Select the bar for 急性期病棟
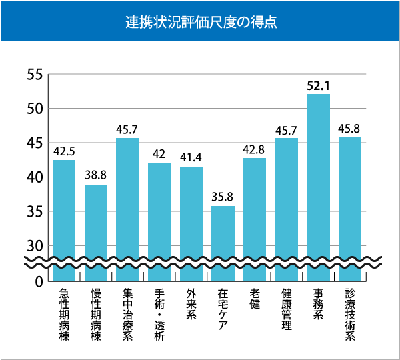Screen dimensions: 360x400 click(64, 213)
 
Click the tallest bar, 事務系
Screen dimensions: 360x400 click(318, 180)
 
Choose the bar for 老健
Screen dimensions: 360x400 click(255, 213)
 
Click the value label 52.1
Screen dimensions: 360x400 click(318, 85)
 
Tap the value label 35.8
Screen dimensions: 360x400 click(223, 197)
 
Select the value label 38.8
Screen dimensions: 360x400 click(96, 176)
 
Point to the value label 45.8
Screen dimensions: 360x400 click(350, 128)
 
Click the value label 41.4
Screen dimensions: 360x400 click(191, 158)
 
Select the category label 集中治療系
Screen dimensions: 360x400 click(127, 314)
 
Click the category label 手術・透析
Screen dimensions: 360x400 click(159, 314)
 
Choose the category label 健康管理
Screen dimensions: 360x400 click(287, 310)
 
